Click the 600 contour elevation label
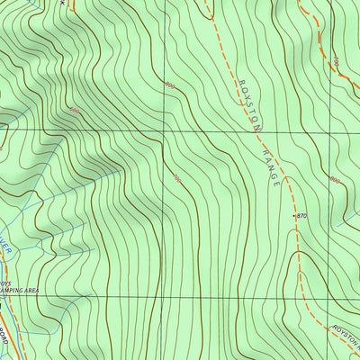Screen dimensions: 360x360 tap(74, 111)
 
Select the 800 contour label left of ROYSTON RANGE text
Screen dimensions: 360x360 tap(168, 85)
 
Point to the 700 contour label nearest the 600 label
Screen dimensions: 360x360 tap(177, 180)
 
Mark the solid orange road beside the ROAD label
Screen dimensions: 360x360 tap(4, 319)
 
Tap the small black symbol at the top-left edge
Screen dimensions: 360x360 tap(62, 3)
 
